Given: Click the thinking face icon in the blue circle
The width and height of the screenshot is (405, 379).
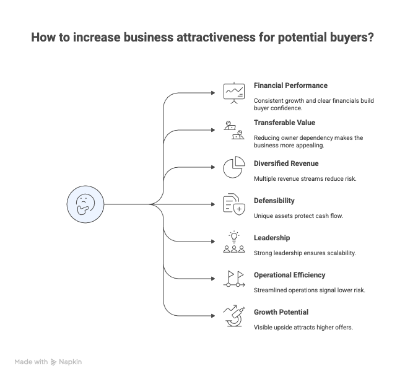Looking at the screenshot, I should pos(85,204).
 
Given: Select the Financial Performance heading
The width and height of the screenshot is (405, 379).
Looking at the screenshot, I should pos(290,85).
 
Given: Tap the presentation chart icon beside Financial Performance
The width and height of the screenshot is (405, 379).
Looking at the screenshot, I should pos(233,92).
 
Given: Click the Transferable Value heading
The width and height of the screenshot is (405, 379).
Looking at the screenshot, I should pos(284,123).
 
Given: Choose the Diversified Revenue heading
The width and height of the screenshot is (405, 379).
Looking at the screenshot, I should pos(286,163).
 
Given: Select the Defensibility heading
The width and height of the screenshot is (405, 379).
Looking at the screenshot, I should pos(274,201).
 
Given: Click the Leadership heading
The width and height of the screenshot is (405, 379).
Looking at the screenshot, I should pos(272,238).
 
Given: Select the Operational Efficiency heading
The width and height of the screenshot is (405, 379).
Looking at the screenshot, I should pos(289,275).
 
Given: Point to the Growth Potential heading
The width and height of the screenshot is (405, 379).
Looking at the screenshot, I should pos(281,312).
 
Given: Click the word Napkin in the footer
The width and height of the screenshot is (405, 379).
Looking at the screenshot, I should pos(71,362).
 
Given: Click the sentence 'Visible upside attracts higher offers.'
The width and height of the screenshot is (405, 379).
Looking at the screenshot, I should pos(303,327).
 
